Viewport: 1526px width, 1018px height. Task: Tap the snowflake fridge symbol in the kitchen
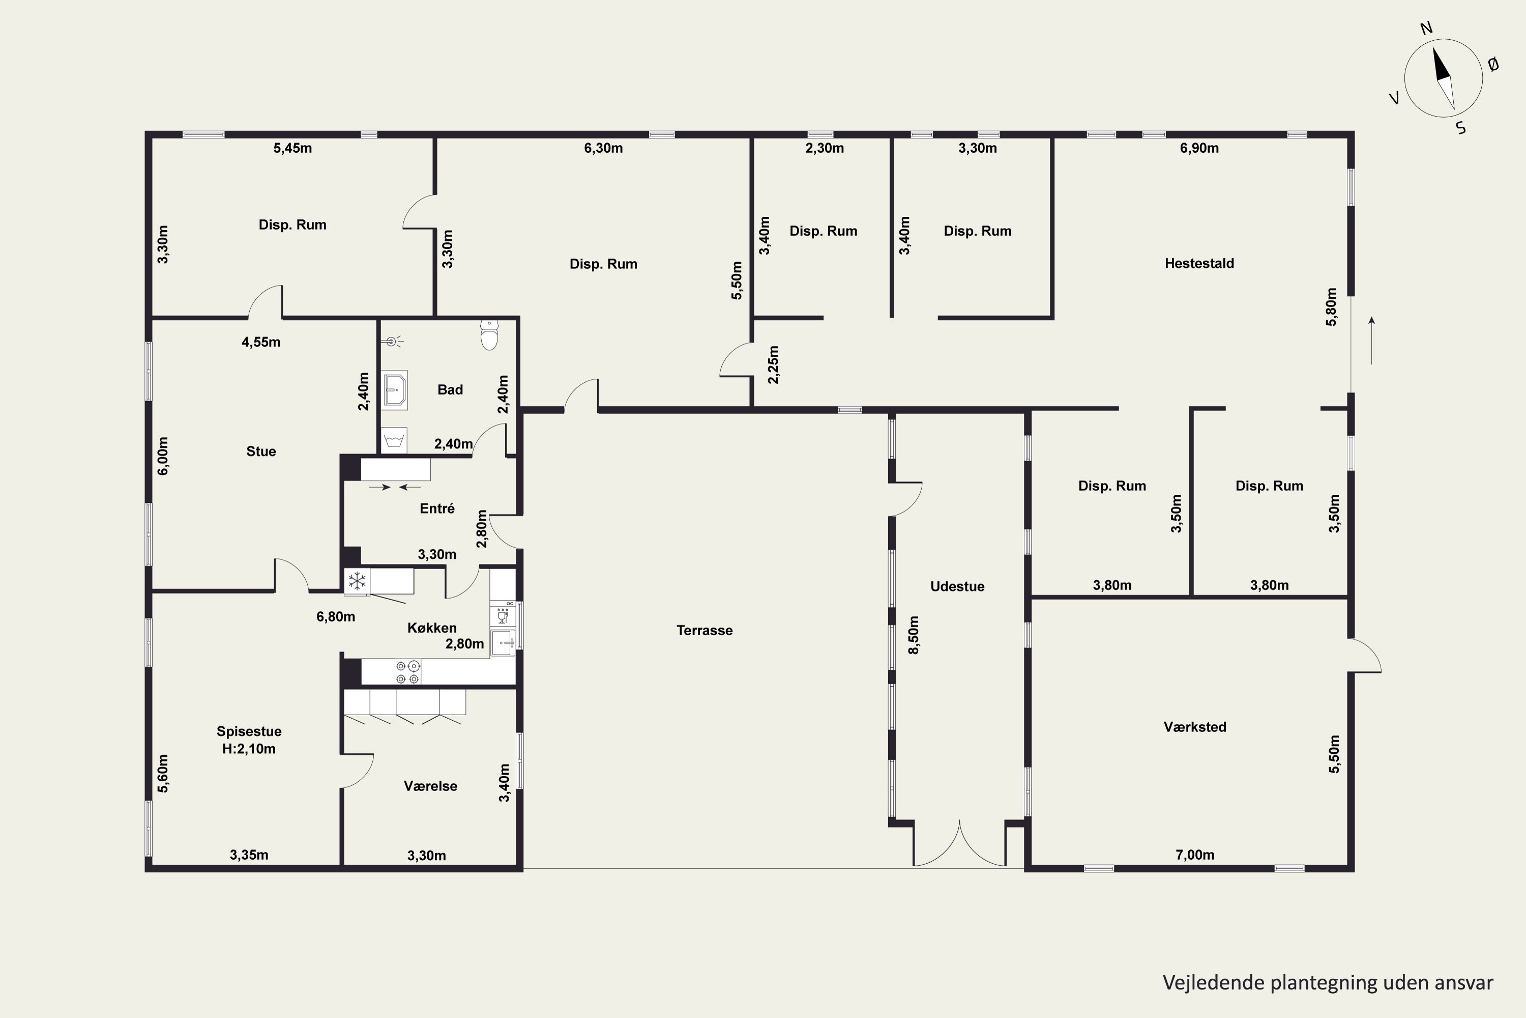coord(357,581)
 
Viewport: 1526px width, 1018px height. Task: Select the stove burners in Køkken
coord(407,672)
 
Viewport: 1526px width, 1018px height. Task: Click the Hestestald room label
coord(1199,263)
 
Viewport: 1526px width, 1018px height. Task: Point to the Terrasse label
coord(705,630)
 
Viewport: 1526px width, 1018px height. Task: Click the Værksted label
coord(1194,726)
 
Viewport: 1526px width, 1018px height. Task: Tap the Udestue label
coord(957,586)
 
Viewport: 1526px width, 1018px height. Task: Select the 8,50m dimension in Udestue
coord(914,635)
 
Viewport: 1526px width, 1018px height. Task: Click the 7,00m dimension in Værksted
coord(1194,855)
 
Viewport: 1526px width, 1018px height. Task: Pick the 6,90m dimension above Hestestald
coord(1199,148)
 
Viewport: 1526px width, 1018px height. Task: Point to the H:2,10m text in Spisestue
coord(249,749)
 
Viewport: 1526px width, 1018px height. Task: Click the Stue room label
coord(261,451)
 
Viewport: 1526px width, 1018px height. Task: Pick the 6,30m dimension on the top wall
coord(603,148)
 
